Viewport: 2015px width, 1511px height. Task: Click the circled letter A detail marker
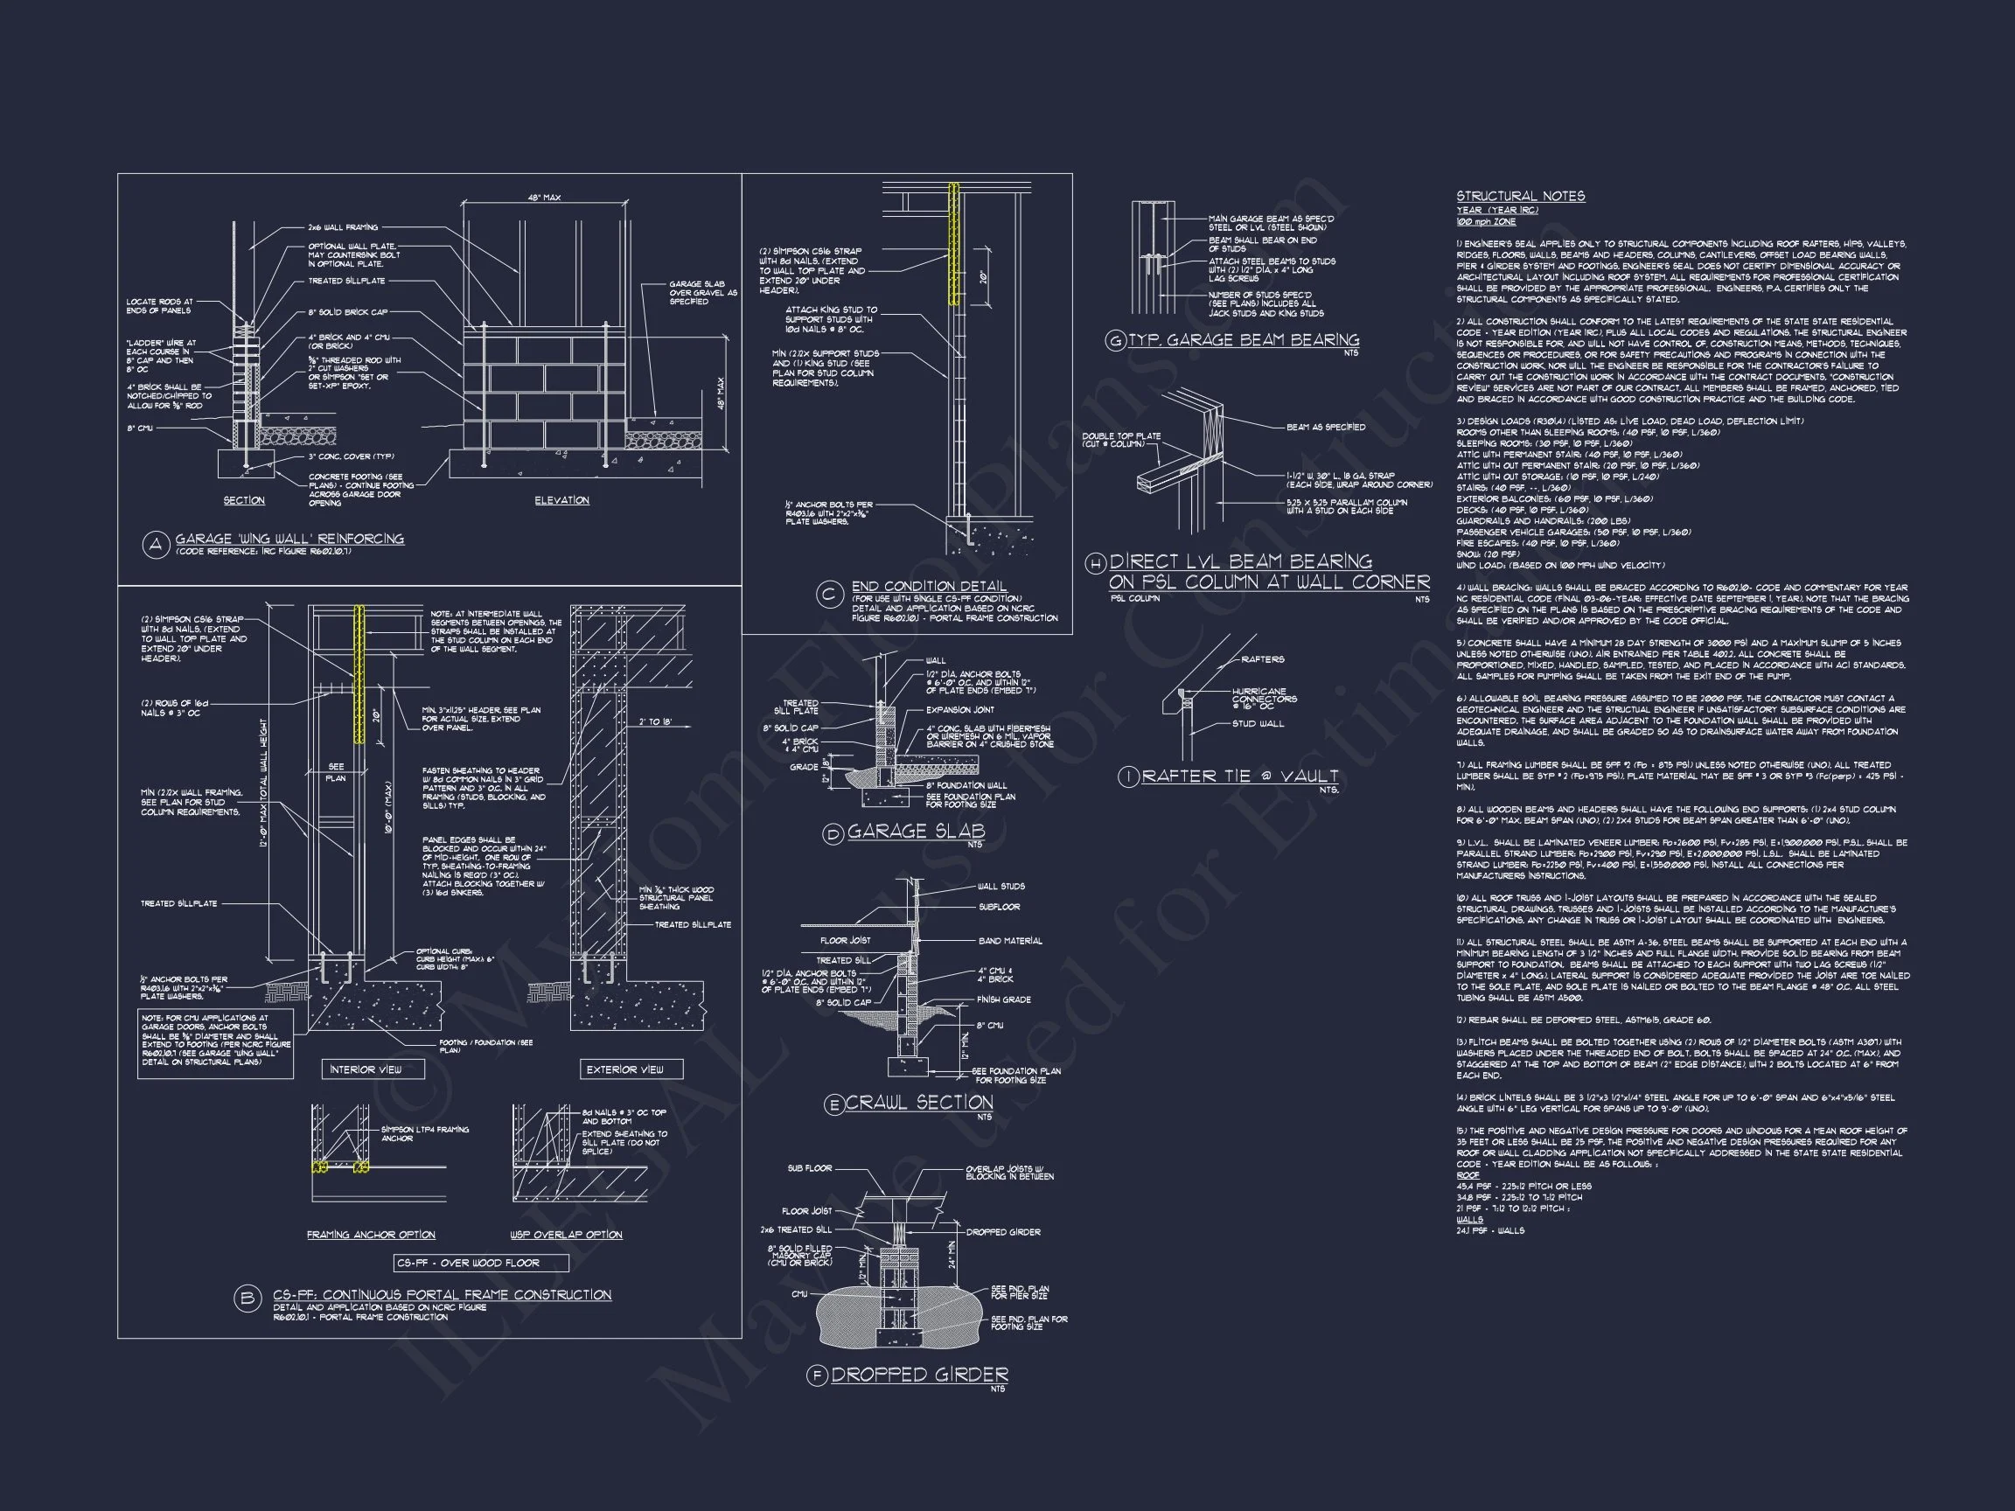tap(156, 546)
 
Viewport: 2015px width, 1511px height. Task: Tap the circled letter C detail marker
tap(829, 595)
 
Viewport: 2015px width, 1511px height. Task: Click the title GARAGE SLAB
tap(916, 831)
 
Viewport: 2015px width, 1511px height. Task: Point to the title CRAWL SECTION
tap(918, 1103)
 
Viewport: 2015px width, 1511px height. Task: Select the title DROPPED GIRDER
tap(919, 1375)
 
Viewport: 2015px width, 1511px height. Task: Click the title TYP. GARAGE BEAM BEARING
tap(1244, 340)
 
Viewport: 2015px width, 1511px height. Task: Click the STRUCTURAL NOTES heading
tap(1519, 196)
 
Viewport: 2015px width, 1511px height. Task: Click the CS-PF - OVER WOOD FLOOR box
tap(481, 1264)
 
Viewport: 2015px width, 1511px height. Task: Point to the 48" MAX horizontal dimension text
tap(544, 198)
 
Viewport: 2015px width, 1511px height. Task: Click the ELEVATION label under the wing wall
tap(561, 500)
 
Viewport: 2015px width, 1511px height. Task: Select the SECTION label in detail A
tap(244, 500)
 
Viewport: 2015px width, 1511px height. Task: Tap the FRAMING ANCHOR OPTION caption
tap(371, 1235)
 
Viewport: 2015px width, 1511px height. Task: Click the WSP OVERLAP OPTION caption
tap(566, 1235)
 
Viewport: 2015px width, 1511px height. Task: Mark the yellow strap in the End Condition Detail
tap(954, 244)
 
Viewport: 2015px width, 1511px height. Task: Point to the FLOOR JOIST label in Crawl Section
tap(846, 940)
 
